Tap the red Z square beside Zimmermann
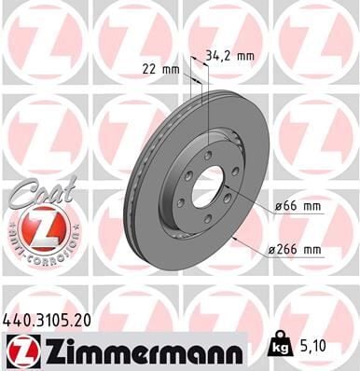point(21,350)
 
